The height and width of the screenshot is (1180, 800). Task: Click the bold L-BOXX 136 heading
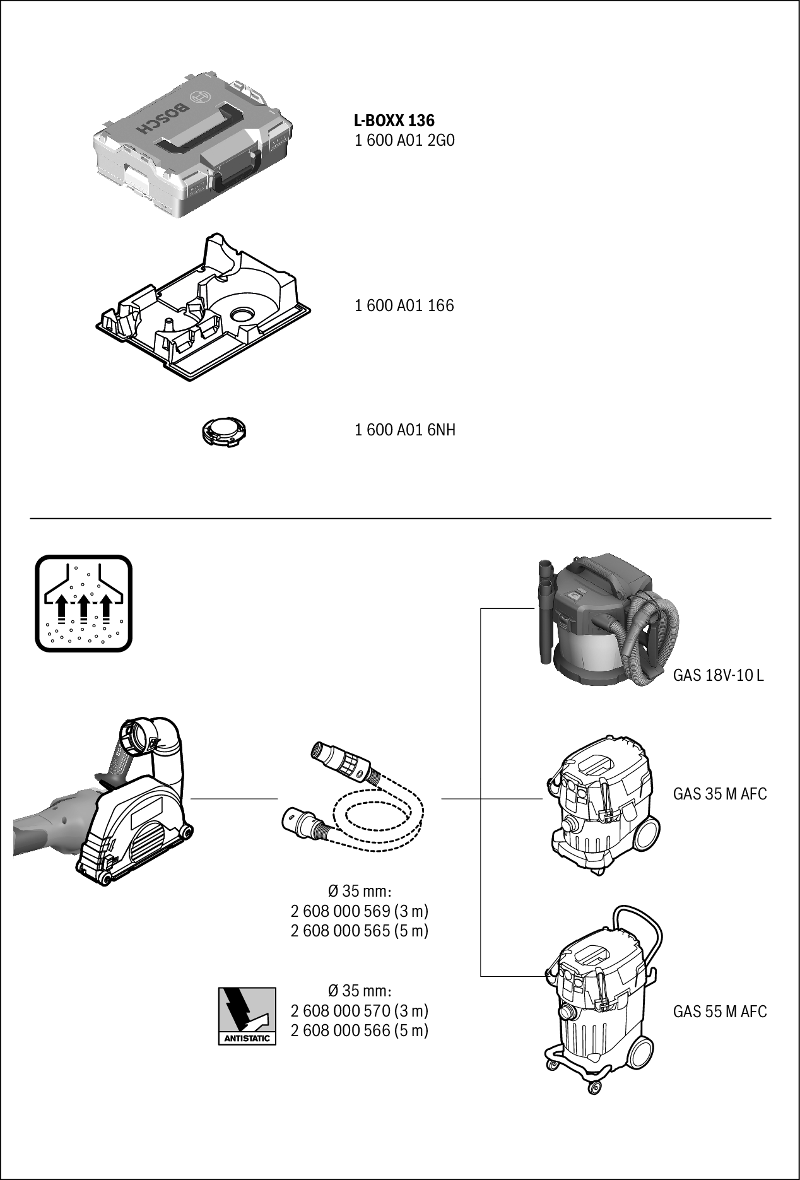point(394,120)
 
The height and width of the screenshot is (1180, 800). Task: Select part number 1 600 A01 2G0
point(404,140)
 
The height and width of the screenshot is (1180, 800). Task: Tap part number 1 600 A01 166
point(404,306)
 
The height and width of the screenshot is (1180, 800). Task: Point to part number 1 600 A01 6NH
point(404,430)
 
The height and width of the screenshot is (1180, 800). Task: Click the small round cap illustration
point(223,432)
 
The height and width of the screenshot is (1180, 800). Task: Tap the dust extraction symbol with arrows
point(83,603)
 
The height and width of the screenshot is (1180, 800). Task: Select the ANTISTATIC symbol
point(247,1015)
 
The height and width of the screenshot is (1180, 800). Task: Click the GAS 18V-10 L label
point(718,675)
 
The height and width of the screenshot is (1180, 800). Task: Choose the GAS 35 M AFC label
point(720,794)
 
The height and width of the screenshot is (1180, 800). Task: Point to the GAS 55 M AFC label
point(720,1012)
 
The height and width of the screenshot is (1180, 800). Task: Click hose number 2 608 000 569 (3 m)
point(360,911)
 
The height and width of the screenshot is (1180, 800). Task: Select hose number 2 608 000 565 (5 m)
point(360,931)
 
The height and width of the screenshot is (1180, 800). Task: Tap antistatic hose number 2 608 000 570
point(360,1011)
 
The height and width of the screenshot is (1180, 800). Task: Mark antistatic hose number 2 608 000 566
point(360,1030)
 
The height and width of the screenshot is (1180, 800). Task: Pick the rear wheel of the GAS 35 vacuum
point(649,833)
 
